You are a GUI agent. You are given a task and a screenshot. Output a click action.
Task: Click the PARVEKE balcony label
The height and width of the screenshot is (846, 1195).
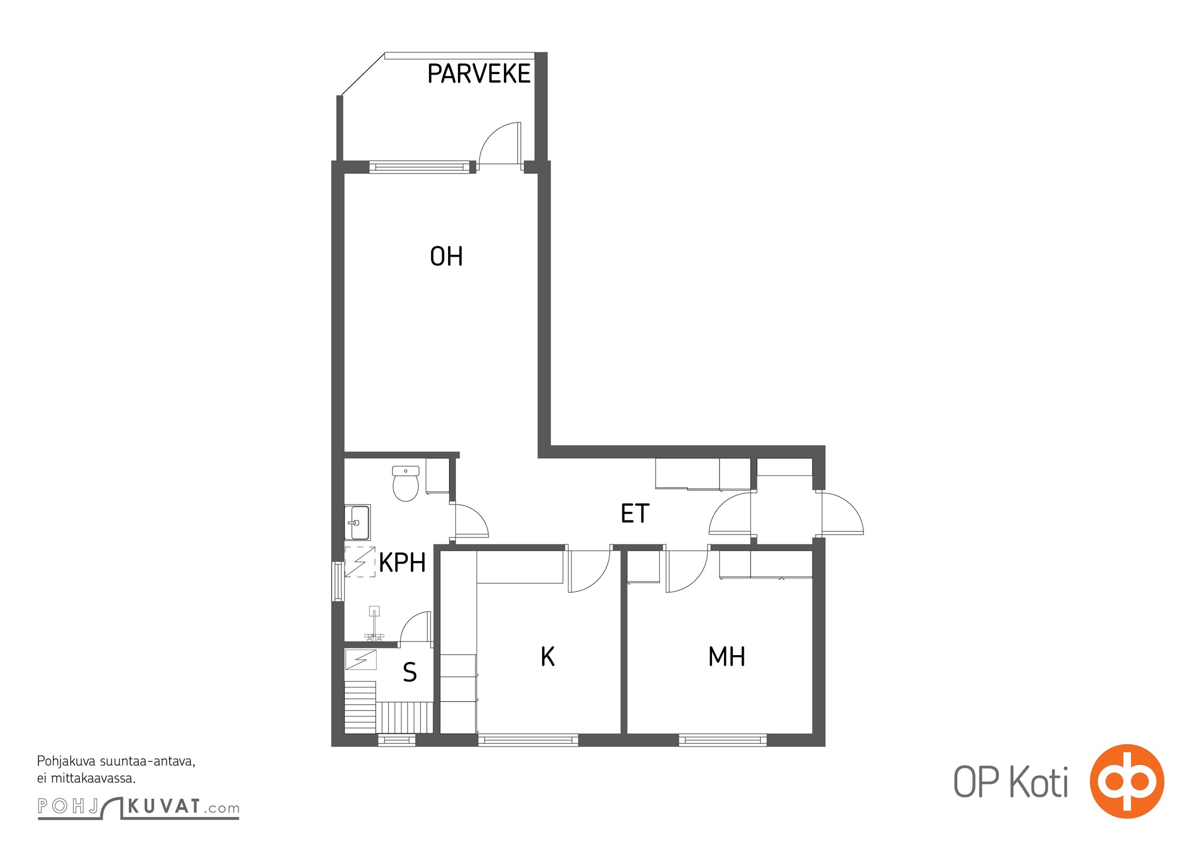coord(479,73)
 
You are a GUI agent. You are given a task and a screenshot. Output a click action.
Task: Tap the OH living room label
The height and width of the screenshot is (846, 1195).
coord(446,256)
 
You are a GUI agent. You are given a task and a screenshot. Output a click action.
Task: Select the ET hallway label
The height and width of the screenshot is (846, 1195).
coord(635,513)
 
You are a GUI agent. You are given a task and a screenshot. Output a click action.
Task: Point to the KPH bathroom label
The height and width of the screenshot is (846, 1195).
coord(403,563)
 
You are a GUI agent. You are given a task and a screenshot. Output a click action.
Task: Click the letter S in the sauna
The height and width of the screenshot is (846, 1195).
coord(410,672)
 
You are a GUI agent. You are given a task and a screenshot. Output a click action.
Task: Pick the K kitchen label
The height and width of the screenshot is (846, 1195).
coord(548,657)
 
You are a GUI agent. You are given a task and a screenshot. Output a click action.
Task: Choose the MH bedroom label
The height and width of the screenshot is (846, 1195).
coord(727,657)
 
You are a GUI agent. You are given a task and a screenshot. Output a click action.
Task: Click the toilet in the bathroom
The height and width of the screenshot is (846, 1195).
coord(406,483)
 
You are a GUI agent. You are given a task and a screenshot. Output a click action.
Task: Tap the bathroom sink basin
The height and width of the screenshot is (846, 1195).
coord(357,522)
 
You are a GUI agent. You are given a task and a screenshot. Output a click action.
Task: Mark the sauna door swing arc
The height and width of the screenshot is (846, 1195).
coord(410,621)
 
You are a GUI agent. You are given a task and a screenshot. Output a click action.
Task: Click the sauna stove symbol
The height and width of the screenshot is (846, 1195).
coord(361,660)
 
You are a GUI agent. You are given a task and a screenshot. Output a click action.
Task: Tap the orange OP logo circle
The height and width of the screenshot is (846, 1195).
coord(1127,781)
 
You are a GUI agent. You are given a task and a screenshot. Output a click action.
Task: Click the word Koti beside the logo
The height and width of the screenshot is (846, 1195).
coord(1039,783)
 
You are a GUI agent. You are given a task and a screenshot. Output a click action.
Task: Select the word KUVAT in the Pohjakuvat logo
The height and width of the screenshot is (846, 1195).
coord(164,806)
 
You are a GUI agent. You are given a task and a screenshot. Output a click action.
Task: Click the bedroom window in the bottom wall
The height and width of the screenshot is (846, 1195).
coord(723,740)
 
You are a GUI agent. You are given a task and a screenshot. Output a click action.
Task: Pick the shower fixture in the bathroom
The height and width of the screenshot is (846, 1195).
coord(374,624)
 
